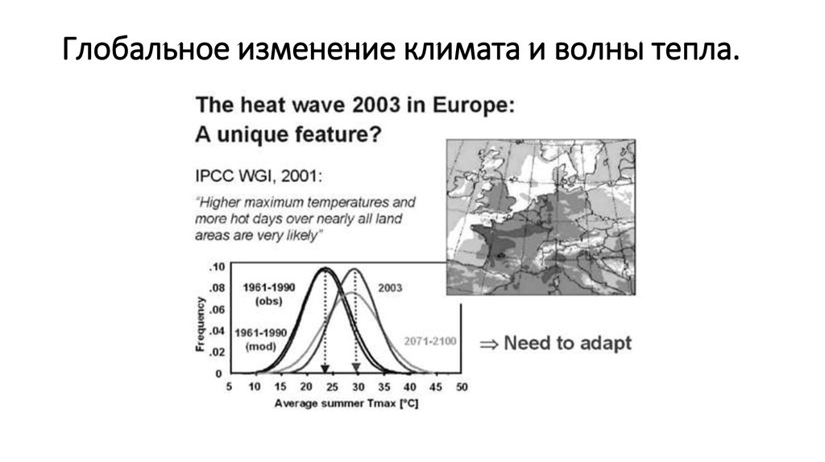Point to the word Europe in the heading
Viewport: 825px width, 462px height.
click(468, 106)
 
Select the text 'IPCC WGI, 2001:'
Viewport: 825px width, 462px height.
click(246, 175)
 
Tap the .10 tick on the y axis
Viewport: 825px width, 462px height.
click(216, 266)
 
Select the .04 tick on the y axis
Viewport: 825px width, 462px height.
click(216, 331)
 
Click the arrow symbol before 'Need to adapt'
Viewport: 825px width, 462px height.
click(488, 344)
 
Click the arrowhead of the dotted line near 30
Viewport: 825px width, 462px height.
click(355, 369)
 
